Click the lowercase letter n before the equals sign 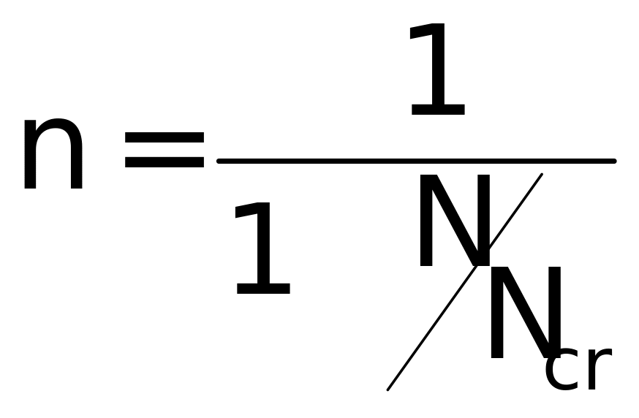pos(53,154)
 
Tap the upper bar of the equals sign pos(165,137)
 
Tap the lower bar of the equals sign pos(165,161)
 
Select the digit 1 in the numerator pos(438,69)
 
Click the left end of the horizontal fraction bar pos(219,161)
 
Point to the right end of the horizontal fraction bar pos(614,161)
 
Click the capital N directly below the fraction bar pos(454,221)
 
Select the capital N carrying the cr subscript pos(526,312)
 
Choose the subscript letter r pos(599,369)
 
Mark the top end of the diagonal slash pos(542,175)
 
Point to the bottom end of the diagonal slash pos(388,389)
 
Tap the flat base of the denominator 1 pos(264,289)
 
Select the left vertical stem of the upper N pos(426,221)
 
